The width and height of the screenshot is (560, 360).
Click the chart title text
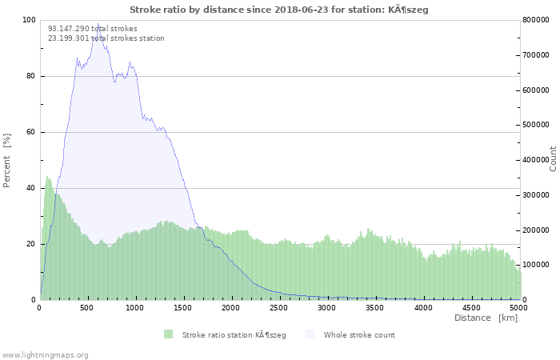click(x=279, y=10)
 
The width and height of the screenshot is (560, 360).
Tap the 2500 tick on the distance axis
click(x=278, y=308)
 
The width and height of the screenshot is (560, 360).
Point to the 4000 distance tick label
click(x=423, y=308)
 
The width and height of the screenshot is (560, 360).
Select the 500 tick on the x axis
click(x=86, y=308)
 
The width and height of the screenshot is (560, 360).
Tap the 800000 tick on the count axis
click(x=536, y=20)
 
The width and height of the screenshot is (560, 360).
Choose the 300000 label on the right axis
click(x=536, y=195)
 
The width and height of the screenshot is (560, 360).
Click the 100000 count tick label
click(x=536, y=265)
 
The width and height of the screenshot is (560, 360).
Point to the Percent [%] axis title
click(x=6, y=161)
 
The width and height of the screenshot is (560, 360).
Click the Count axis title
click(x=553, y=159)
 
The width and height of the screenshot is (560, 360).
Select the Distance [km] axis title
click(x=486, y=318)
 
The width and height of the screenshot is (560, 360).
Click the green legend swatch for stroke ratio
click(x=168, y=334)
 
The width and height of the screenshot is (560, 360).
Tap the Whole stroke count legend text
click(x=359, y=335)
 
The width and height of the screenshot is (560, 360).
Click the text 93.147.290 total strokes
click(x=93, y=29)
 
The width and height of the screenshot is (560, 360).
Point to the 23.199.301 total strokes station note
click(x=106, y=38)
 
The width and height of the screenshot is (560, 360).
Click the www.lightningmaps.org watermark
click(x=44, y=355)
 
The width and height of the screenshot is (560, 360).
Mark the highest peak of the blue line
click(x=98, y=24)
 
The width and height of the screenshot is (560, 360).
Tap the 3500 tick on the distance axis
click(x=374, y=308)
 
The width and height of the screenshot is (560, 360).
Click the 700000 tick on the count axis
click(x=536, y=55)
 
